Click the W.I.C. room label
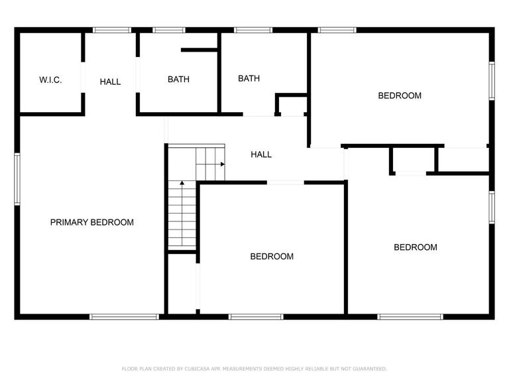(x=50, y=80)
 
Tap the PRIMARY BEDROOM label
(x=92, y=222)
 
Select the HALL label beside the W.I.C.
(x=110, y=82)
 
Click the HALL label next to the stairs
(x=261, y=155)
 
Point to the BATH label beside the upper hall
(x=178, y=80)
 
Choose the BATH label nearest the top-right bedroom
(x=249, y=78)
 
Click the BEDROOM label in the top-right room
(x=400, y=95)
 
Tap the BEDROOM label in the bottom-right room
(x=416, y=247)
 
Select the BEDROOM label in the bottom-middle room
(x=272, y=256)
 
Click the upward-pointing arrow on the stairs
(x=182, y=213)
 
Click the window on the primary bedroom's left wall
(x=17, y=179)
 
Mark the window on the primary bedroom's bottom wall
(x=125, y=317)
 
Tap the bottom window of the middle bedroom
(x=256, y=317)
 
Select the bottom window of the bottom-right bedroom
(x=410, y=317)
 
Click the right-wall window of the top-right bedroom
(x=492, y=80)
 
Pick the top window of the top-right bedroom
(x=337, y=31)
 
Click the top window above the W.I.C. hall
(x=112, y=31)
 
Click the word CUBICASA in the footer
(x=197, y=369)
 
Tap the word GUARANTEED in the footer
(x=370, y=369)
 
